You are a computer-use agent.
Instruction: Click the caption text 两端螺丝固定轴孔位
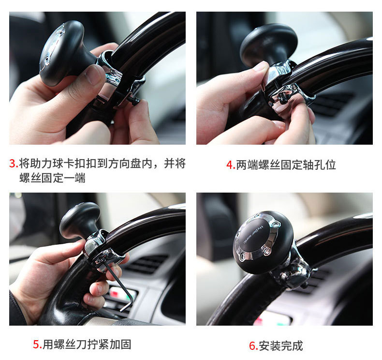[286, 165]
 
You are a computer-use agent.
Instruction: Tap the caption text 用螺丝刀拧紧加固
[87, 345]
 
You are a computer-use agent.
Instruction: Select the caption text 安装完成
[280, 346]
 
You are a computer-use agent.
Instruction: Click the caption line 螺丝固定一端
[52, 178]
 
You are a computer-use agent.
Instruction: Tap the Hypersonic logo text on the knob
[253, 235]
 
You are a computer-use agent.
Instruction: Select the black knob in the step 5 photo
[80, 220]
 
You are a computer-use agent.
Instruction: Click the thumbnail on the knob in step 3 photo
[93, 74]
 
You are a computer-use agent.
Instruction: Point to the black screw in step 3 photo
[135, 100]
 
